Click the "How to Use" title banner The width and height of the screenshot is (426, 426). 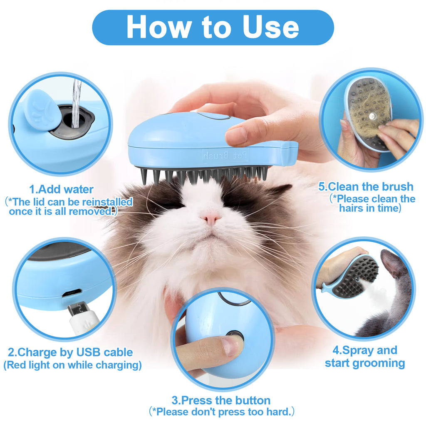(x=213, y=27)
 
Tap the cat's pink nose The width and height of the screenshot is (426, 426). (x=211, y=217)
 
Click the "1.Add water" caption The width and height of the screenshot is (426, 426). (x=61, y=189)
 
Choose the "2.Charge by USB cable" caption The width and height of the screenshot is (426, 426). (x=70, y=352)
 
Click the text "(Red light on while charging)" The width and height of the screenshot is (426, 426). (x=72, y=365)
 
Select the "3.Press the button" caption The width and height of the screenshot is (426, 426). (x=221, y=401)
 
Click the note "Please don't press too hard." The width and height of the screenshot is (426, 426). (x=222, y=412)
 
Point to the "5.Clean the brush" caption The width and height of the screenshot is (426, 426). (x=366, y=186)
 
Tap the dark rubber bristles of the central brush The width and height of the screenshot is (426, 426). (x=204, y=175)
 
